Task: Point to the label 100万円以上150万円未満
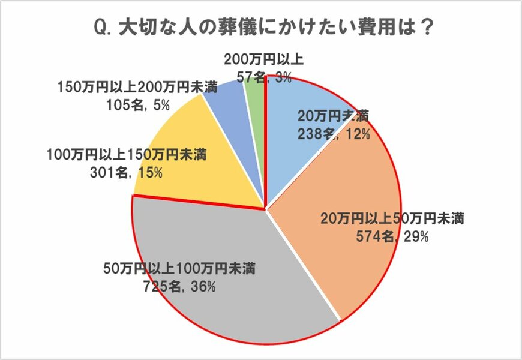(x=127, y=155)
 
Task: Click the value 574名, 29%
(x=391, y=237)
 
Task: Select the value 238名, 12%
(x=334, y=134)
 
